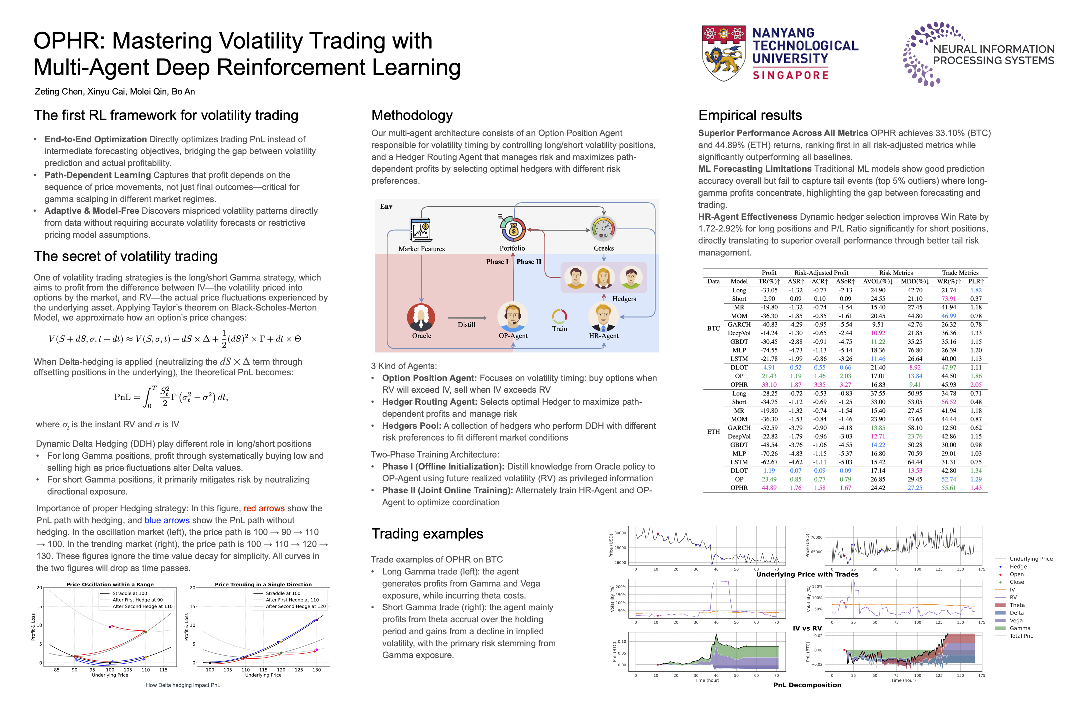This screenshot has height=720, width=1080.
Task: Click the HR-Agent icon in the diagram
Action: click(x=603, y=317)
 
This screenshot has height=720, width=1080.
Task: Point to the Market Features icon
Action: click(x=420, y=229)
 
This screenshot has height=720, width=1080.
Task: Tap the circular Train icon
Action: click(x=559, y=316)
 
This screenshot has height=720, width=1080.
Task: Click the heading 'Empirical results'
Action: click(x=750, y=115)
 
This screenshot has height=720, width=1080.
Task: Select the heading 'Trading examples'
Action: click(x=427, y=533)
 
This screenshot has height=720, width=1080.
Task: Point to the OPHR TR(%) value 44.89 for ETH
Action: click(x=769, y=488)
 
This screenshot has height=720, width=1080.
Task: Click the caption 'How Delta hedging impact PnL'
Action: click(x=183, y=685)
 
